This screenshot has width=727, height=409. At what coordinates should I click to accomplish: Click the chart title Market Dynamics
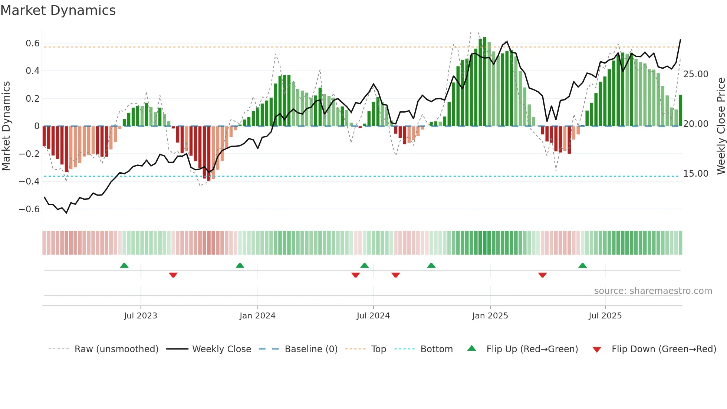[58, 10]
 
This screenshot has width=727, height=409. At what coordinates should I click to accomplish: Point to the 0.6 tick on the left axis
[33, 43]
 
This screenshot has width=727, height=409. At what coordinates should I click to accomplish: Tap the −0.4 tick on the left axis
[29, 181]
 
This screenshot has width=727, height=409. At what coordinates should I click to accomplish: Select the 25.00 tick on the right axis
[695, 74]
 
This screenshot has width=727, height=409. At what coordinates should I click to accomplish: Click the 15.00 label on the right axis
[695, 174]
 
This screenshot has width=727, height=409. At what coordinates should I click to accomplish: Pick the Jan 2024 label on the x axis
[257, 316]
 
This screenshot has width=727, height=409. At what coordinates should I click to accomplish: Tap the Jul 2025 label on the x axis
[605, 316]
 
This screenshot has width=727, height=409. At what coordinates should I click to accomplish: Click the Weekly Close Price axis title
[721, 126]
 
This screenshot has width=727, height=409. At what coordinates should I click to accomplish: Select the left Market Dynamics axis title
[6, 126]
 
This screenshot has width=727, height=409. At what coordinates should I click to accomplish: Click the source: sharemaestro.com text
[653, 291]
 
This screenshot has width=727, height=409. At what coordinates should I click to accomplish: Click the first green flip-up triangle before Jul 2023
[124, 266]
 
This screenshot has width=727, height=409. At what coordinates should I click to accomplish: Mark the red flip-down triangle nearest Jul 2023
[173, 275]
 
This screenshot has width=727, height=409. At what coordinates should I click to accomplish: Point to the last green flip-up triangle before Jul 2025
[582, 266]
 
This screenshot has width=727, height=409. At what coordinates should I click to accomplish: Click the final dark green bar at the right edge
[680, 111]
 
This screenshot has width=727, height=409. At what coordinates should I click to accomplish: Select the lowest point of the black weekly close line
[67, 213]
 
